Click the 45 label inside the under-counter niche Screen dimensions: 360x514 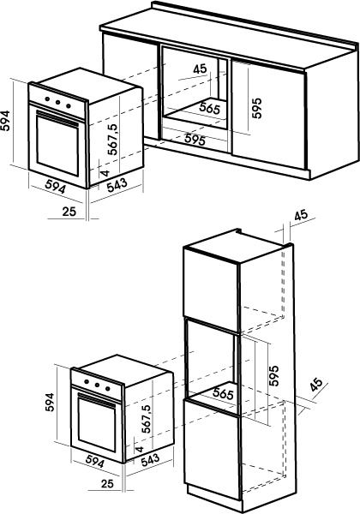200,69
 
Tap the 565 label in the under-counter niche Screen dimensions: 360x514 209,108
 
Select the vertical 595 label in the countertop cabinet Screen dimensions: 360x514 257,108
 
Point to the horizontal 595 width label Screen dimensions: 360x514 195,139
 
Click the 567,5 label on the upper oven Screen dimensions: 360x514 113,139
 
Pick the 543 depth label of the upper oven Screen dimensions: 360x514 117,185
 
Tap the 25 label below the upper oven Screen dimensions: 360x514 69,212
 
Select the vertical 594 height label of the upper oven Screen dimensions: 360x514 5,121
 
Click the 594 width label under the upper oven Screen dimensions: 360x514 55,187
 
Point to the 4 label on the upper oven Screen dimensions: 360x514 105,173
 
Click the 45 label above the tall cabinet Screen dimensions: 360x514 301,215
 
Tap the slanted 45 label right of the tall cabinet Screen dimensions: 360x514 317,385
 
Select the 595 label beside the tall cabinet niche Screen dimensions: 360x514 273,375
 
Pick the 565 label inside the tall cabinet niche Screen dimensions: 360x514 223,392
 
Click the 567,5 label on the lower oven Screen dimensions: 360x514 147,419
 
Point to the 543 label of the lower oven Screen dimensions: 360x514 151,460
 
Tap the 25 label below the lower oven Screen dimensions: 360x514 107,483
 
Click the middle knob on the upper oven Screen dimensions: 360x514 58,102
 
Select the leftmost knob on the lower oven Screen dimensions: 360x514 87,381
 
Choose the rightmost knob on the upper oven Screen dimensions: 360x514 69,105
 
